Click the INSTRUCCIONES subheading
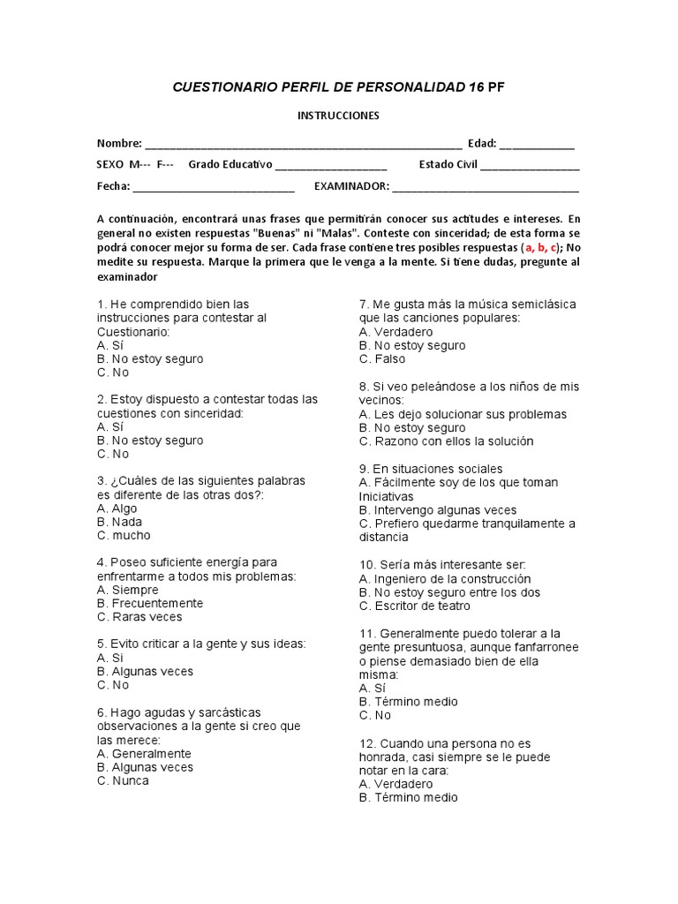point(337,116)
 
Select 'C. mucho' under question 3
point(124,535)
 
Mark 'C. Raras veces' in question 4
point(139,617)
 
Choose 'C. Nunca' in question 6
point(124,780)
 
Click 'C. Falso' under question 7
point(383,358)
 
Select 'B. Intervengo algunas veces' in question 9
point(438,510)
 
